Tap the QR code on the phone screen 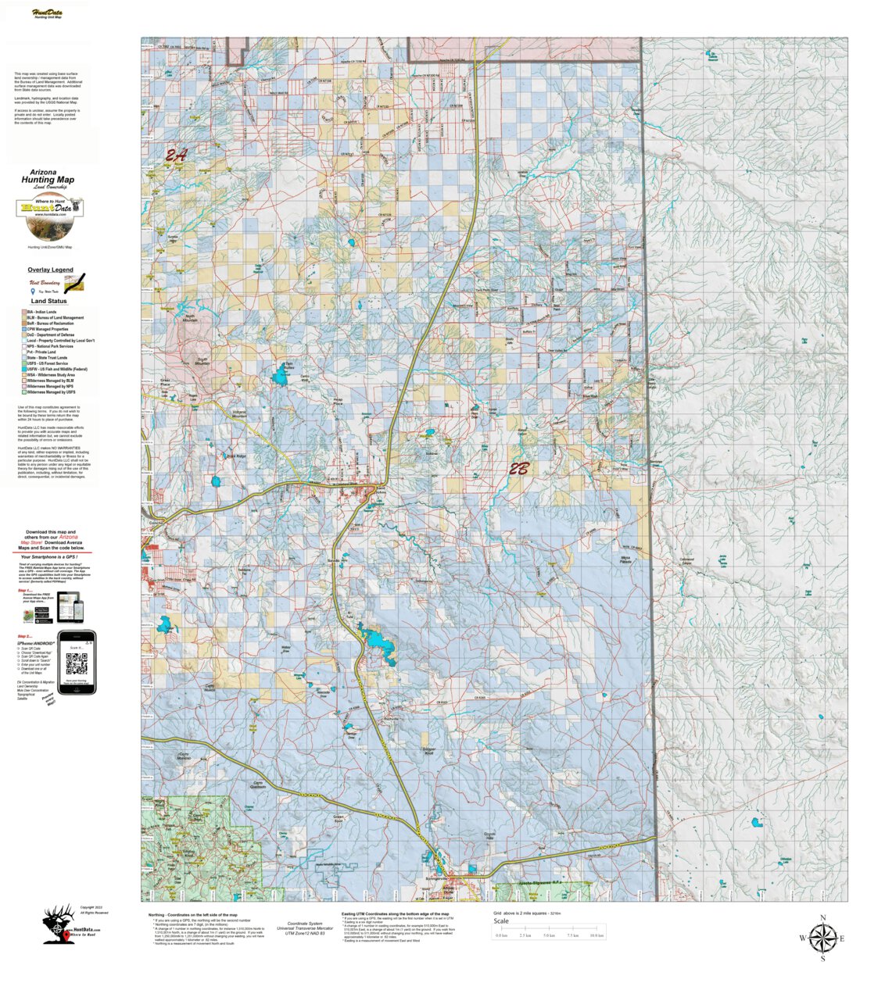[x=77, y=664]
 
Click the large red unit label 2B [x=519, y=469]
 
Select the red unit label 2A [x=176, y=155]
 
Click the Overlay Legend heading [x=50, y=270]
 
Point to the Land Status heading [x=48, y=301]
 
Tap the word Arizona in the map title [x=43, y=172]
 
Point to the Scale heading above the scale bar [x=501, y=921]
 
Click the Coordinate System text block [x=305, y=928]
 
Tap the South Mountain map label [x=202, y=363]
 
